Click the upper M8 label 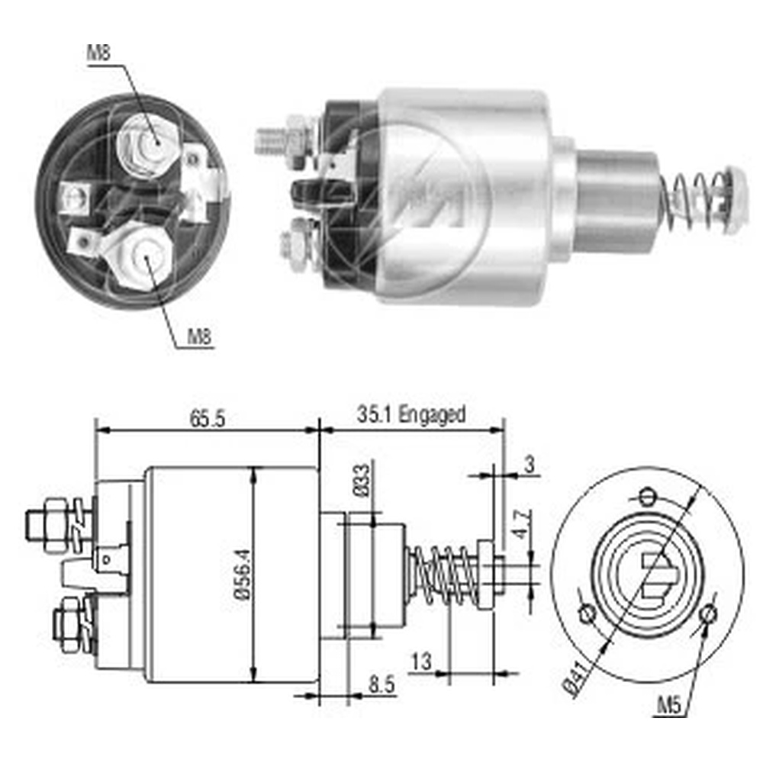pos(98,53)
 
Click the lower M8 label pos(200,336)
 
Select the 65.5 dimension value pos(208,419)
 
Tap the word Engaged pos(432,415)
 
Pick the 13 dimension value pos(421,662)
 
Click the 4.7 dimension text pos(523,523)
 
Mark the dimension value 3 pos(529,464)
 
